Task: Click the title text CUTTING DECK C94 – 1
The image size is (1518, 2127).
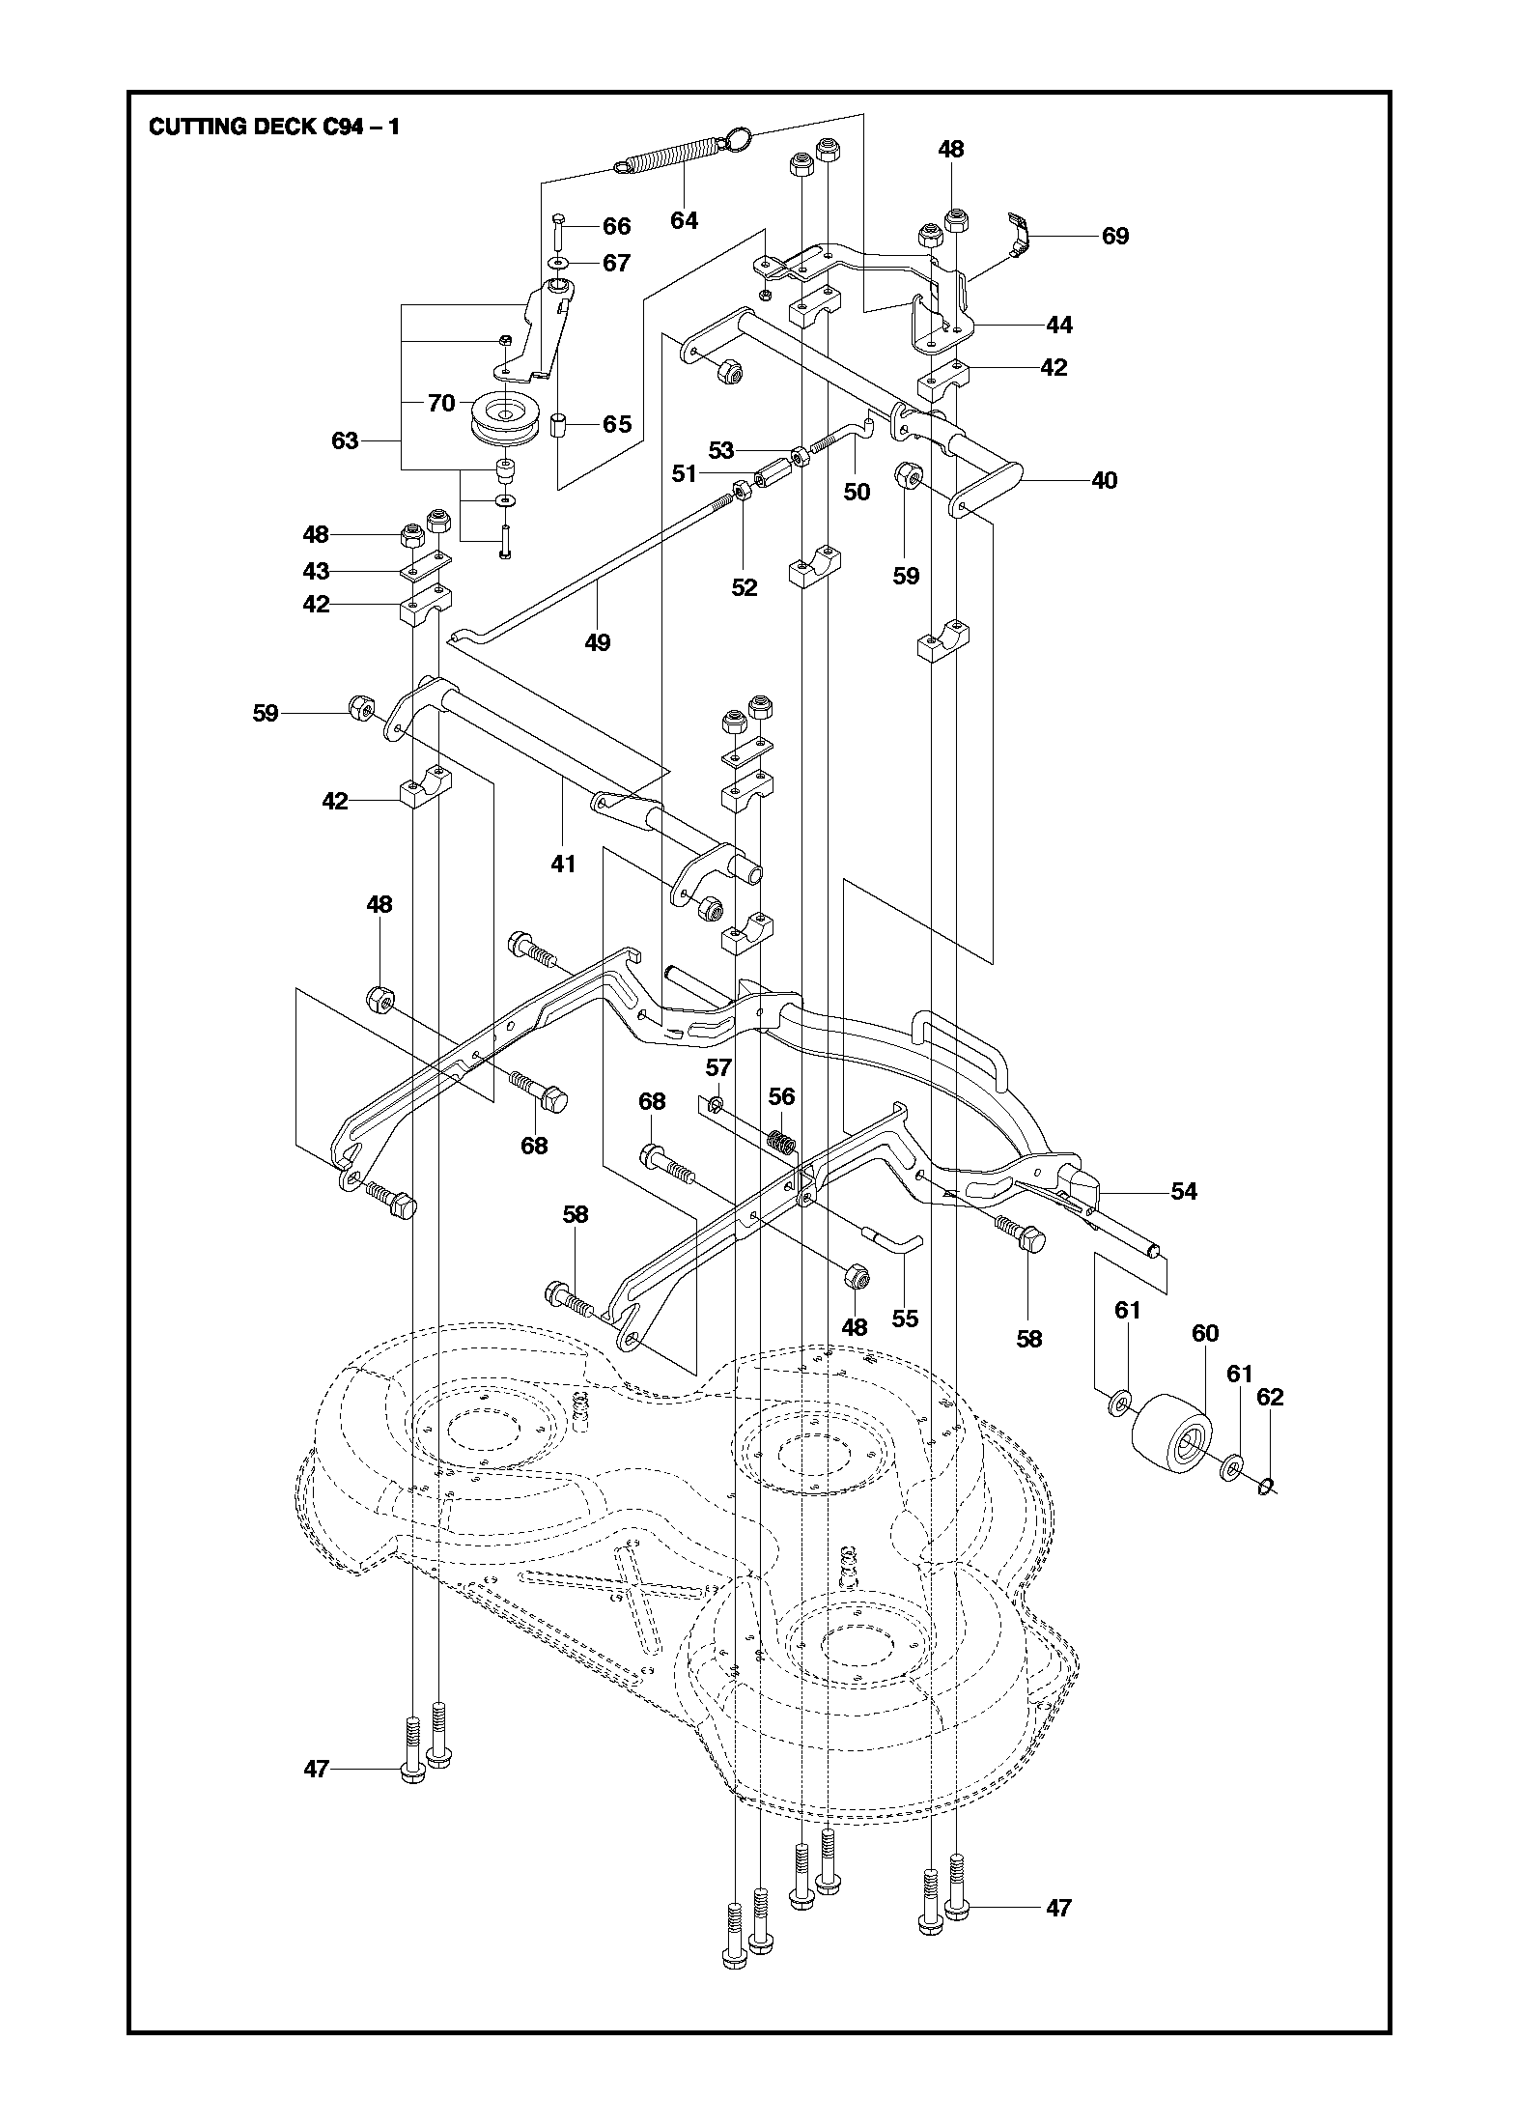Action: tap(273, 128)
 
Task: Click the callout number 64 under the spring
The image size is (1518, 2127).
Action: tap(684, 221)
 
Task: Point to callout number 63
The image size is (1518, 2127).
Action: tap(345, 441)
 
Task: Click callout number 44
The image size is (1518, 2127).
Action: tap(1059, 326)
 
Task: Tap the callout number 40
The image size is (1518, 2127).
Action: tap(1104, 480)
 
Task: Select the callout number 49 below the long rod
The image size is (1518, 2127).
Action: tap(598, 642)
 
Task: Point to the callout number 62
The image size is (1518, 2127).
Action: tap(1271, 1398)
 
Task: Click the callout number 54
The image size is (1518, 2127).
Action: tap(1184, 1192)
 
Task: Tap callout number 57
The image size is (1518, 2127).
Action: tap(718, 1067)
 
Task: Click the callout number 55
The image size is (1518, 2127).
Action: tap(905, 1319)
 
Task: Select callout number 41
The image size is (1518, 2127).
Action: tap(563, 864)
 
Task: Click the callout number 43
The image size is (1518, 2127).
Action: tap(316, 571)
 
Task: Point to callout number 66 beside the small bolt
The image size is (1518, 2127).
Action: tap(616, 227)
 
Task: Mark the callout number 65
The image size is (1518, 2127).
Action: tap(616, 424)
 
